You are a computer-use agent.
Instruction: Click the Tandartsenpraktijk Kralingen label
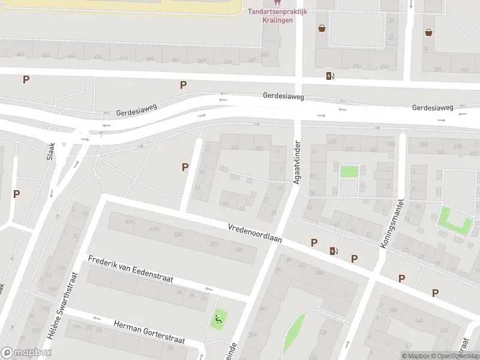point(277,15)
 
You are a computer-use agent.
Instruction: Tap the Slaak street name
point(51,151)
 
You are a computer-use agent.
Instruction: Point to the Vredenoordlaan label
point(255,233)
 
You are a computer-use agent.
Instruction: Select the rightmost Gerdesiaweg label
point(432,107)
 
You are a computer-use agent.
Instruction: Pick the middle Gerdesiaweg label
point(283,96)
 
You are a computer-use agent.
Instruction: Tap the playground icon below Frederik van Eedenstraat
point(218,318)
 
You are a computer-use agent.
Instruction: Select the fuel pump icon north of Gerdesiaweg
point(329,76)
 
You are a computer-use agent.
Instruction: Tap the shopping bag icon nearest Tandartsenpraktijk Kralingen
point(322,28)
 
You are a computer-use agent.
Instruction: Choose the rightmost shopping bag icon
point(428,32)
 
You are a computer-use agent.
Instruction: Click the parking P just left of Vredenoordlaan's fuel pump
point(314,242)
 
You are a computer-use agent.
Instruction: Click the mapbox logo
point(26,353)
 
